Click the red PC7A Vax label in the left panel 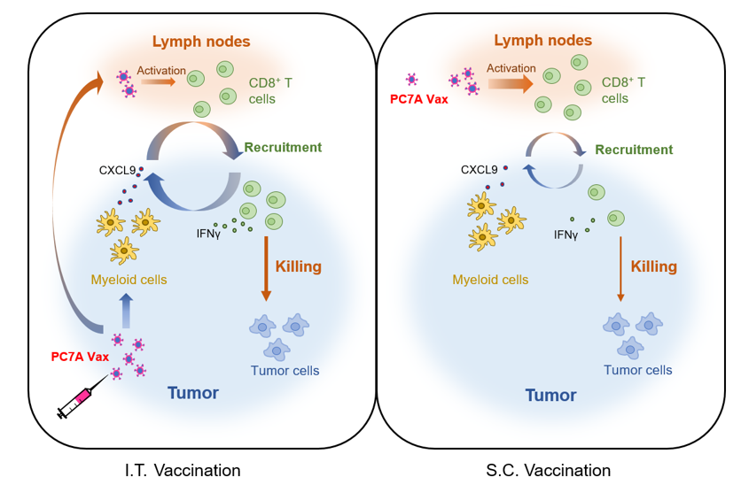(80, 357)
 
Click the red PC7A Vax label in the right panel (419, 99)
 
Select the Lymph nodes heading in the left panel (201, 42)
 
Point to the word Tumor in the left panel (193, 392)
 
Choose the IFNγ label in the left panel (210, 234)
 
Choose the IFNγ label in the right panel (565, 235)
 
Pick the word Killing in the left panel (298, 266)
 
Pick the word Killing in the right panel (653, 266)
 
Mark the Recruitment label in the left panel (283, 147)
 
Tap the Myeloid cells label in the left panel (129, 281)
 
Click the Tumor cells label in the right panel (637, 370)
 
